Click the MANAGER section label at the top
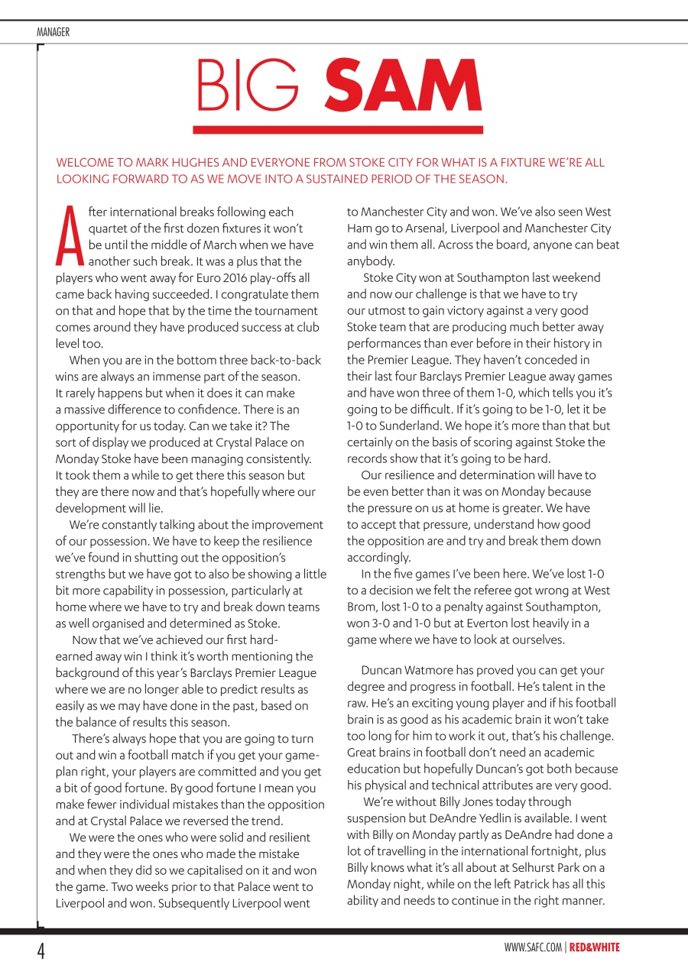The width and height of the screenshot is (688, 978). (x=53, y=32)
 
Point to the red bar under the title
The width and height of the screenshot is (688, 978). (x=338, y=130)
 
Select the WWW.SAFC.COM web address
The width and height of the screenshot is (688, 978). (x=533, y=948)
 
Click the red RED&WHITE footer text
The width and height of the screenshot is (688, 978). (x=595, y=948)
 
